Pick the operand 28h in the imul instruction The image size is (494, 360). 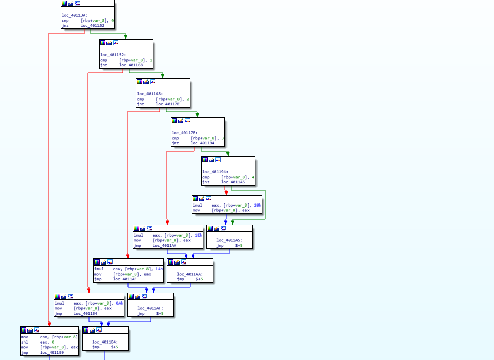click(x=256, y=205)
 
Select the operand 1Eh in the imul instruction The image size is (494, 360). click(x=199, y=235)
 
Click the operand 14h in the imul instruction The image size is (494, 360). click(x=159, y=269)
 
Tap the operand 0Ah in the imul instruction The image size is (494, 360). click(x=120, y=303)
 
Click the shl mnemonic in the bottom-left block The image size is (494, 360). click(x=25, y=342)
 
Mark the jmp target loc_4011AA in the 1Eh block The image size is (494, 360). click(x=164, y=245)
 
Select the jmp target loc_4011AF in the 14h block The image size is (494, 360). click(x=125, y=279)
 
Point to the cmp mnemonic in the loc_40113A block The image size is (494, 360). click(x=65, y=20)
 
